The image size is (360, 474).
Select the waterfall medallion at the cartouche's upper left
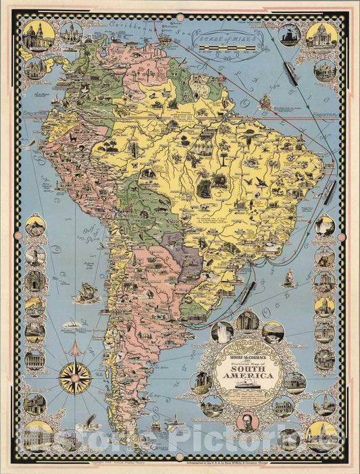(x=222, y=332)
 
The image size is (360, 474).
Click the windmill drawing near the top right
(x=289, y=35)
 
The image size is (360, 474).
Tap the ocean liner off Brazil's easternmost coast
(x=328, y=192)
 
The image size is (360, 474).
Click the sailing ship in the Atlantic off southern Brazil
(x=288, y=277)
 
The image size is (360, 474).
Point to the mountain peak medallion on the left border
(x=34, y=227)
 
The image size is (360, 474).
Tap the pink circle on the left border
(x=20, y=236)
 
